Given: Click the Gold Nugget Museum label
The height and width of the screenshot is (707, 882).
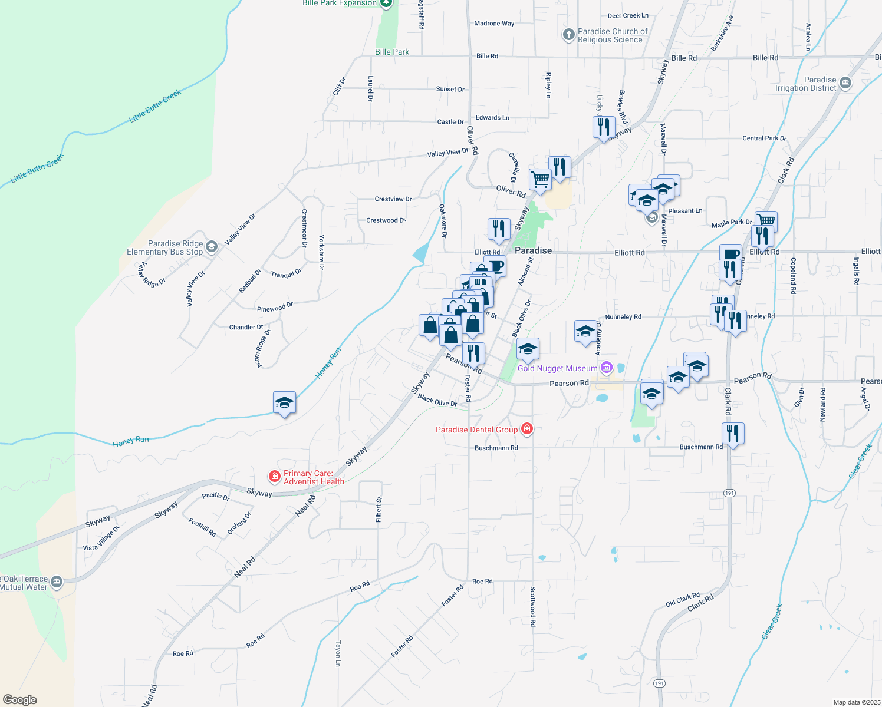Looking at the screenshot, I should pos(557,369).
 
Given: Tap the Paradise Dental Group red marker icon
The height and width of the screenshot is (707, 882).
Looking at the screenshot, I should pos(527,429).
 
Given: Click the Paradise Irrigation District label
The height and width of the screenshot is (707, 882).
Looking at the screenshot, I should pos(806,84).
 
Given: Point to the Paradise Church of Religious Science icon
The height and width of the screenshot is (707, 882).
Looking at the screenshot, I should pos(568,35).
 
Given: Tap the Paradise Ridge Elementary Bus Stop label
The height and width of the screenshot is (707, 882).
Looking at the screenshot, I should pos(165,247).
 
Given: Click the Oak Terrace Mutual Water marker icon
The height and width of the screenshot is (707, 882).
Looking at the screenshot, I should pos(57,582).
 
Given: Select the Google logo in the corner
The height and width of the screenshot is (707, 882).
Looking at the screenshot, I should pos(20,700).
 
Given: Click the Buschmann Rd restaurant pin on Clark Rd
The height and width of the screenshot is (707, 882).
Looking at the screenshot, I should pos(733,434).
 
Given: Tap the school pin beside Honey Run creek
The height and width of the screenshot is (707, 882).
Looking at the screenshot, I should pos(284,403).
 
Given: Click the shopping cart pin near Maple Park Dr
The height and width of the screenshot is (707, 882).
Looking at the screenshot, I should pos(766,221).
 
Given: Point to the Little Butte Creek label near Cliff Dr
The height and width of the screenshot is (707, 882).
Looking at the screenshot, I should pos(155,106).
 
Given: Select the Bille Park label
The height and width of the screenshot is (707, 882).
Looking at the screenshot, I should pos(392,52).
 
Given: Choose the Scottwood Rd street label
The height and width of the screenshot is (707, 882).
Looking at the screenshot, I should pos(533,606).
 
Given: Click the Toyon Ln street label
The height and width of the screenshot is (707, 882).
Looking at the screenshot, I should pos(338,653).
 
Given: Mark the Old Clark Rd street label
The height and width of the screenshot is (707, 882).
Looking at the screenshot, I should pos(683,600).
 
